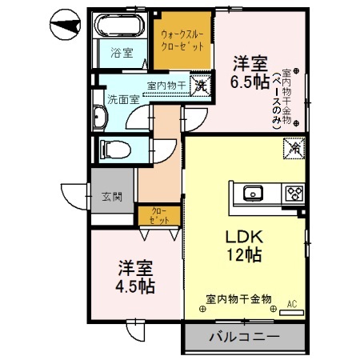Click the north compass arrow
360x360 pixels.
pyautogui.click(x=66, y=26)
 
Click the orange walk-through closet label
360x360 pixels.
pyautogui.click(x=183, y=41)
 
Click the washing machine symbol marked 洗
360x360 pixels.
pyautogui.click(x=202, y=85)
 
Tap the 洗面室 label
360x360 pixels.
pyautogui.click(x=123, y=100)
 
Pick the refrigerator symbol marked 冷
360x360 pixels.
pyautogui.click(x=292, y=147)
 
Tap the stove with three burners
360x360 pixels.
pyautogui.click(x=294, y=193)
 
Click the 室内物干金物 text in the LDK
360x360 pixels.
pyautogui.click(x=238, y=298)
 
